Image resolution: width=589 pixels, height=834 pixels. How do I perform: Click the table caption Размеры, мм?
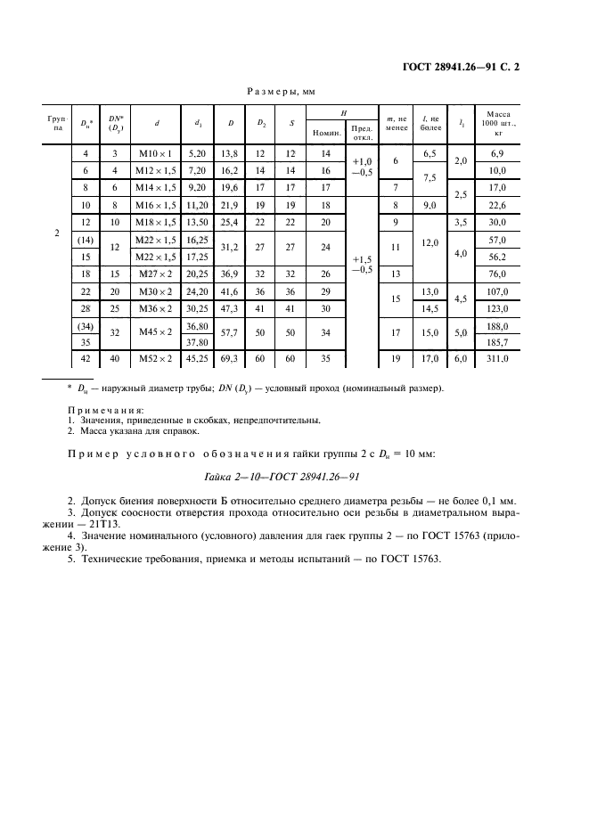tap(281, 91)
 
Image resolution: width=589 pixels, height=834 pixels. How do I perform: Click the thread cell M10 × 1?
tap(157, 154)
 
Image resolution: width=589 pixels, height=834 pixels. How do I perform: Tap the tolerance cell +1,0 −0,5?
tap(362, 169)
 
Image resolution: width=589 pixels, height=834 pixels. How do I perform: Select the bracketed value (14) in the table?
tap(86, 240)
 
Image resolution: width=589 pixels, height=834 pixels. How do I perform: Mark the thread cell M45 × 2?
tap(157, 333)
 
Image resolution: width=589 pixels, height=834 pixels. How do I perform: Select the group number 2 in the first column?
tap(56, 233)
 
